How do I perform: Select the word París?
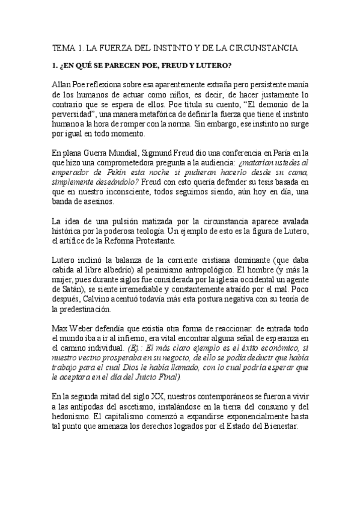tap(285, 153)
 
